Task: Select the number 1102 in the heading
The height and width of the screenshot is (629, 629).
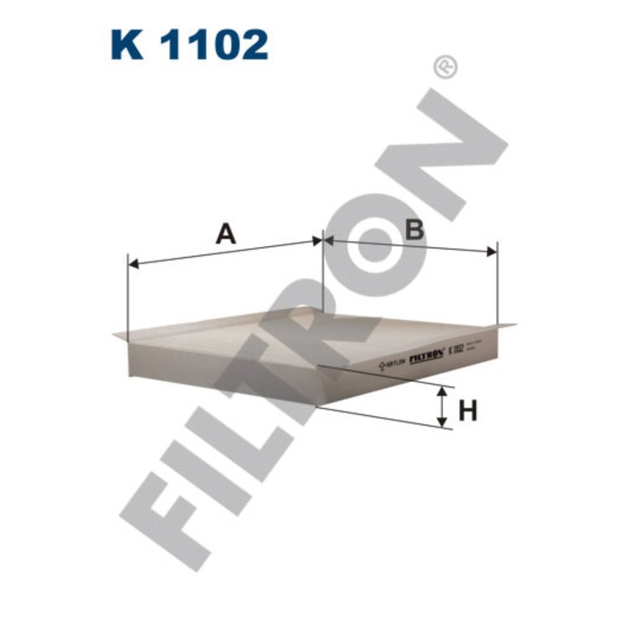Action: pyautogui.click(x=215, y=44)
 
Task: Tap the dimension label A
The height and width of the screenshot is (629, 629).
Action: pyautogui.click(x=226, y=235)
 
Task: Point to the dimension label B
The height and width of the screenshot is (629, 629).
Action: pyautogui.click(x=414, y=229)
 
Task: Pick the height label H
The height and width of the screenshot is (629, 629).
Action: pyautogui.click(x=467, y=412)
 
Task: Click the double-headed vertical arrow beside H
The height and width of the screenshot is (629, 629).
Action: pyautogui.click(x=441, y=407)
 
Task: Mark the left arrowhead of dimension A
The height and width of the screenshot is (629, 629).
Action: pyautogui.click(x=134, y=263)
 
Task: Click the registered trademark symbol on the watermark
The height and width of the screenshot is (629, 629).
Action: pyautogui.click(x=445, y=66)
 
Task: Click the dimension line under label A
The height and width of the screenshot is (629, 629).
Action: pyautogui.click(x=225, y=252)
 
